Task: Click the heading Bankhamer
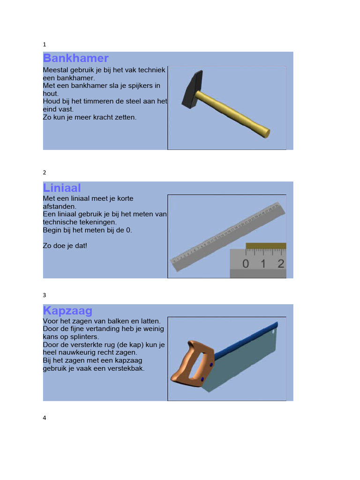[x=75, y=58]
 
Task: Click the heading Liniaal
[x=62, y=188]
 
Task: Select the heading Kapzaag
[x=67, y=310]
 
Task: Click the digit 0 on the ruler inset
[x=246, y=263]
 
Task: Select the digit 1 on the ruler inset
[x=263, y=263]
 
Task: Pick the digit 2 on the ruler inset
[x=280, y=263]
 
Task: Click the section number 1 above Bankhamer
[x=45, y=45]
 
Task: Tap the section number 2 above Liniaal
[x=45, y=172]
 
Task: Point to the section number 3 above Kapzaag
[x=45, y=295]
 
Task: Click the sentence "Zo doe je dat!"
[x=65, y=245]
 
